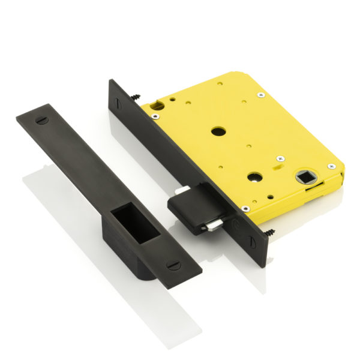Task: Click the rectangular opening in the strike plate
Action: pyautogui.click(x=135, y=223)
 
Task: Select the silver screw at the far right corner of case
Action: pyautogui.click(x=331, y=166)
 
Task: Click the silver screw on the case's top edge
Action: pyautogui.click(x=259, y=94)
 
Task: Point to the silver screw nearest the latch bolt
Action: pyautogui.click(x=245, y=208)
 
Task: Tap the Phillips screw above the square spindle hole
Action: pyautogui.click(x=280, y=158)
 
